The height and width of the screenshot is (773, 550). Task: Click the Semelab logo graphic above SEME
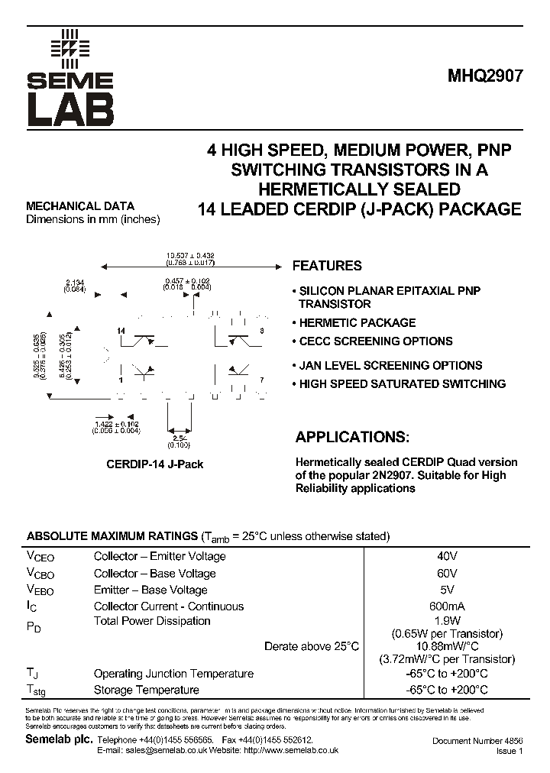point(70,48)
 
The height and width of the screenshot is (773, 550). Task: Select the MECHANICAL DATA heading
point(80,206)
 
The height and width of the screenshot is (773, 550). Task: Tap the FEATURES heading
point(327,266)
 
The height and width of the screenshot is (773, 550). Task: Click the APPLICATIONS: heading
point(352,438)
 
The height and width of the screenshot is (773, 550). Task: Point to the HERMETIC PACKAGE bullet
point(357,323)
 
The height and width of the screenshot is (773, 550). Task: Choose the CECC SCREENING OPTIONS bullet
point(375,341)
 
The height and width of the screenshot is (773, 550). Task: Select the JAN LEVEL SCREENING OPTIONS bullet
point(390,366)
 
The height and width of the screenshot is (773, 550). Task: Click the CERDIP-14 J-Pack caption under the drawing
point(154,464)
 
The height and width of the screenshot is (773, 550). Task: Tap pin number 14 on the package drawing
point(121,330)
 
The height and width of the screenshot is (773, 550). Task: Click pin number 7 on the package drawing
point(261,380)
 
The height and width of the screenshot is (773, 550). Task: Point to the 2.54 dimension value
point(180,437)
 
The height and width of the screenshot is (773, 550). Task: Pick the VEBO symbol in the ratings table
point(40,590)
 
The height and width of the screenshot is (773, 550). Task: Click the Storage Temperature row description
point(146,691)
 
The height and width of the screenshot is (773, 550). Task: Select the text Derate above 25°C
point(311,647)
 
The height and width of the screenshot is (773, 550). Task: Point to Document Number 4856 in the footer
point(477,741)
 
